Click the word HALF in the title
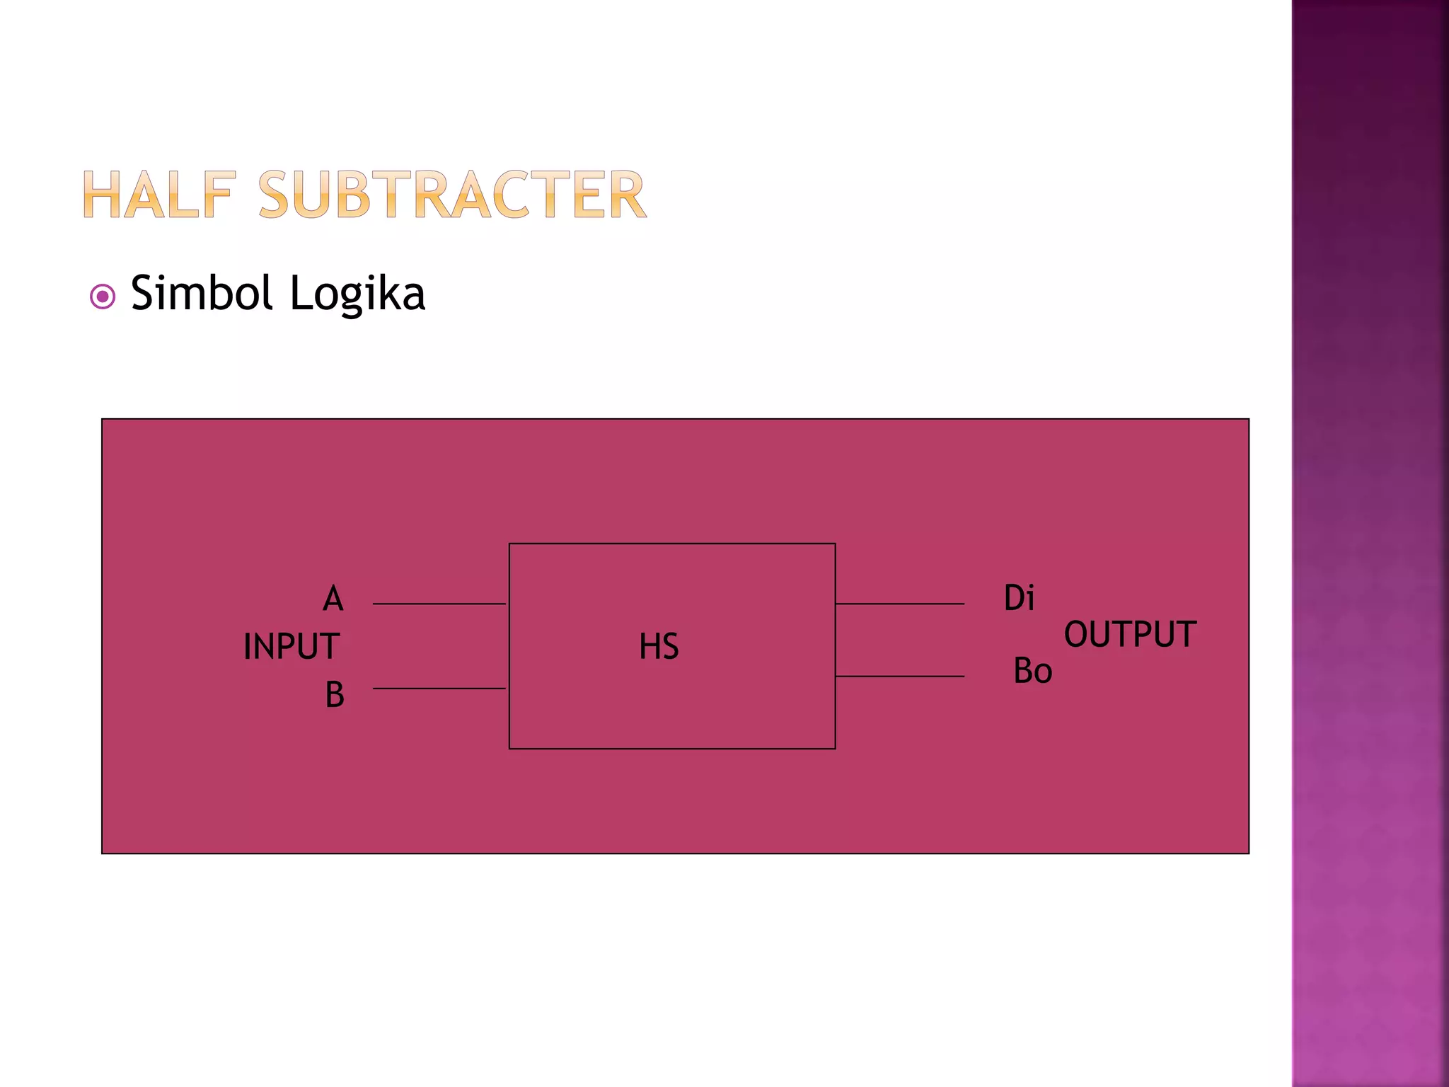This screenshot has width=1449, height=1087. [x=159, y=195]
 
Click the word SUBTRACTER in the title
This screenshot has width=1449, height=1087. [x=452, y=195]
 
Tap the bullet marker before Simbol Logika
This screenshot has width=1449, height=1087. [x=103, y=297]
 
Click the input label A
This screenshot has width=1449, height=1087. [x=333, y=599]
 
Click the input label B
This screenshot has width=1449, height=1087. [x=335, y=694]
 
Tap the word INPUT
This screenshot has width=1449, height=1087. [x=291, y=647]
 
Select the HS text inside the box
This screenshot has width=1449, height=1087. [x=659, y=647]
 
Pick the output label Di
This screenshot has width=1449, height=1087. [x=1019, y=598]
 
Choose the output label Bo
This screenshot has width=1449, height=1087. [x=1032, y=671]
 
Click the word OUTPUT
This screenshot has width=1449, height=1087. [x=1130, y=634]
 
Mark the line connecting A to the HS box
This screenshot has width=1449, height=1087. [x=439, y=604]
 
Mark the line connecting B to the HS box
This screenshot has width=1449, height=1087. [x=439, y=688]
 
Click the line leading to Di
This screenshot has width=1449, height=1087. [x=899, y=604]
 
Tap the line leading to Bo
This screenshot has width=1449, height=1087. [x=899, y=677]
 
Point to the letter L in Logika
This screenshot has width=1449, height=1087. [x=300, y=293]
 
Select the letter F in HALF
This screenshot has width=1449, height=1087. [x=217, y=195]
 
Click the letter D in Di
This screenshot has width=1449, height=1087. [x=1013, y=598]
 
